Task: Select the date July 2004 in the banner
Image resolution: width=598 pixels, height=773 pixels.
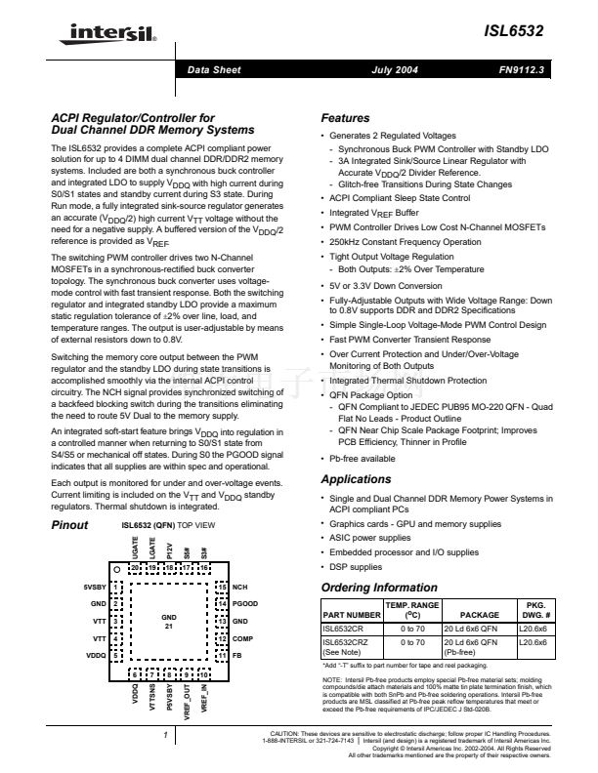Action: [x=394, y=71]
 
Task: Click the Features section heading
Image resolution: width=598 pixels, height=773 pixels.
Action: [x=346, y=118]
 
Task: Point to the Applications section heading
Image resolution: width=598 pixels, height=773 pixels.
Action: [x=359, y=479]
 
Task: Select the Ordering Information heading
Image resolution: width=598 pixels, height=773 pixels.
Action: [x=380, y=588]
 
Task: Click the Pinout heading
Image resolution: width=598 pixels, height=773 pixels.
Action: [x=69, y=525]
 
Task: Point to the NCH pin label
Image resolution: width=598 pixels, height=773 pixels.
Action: [x=239, y=589]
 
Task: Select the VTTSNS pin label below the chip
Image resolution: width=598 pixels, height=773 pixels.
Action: [x=152, y=702]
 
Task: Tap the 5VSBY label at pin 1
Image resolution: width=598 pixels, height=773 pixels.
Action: [x=96, y=589]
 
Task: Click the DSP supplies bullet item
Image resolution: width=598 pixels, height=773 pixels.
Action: [x=357, y=566]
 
